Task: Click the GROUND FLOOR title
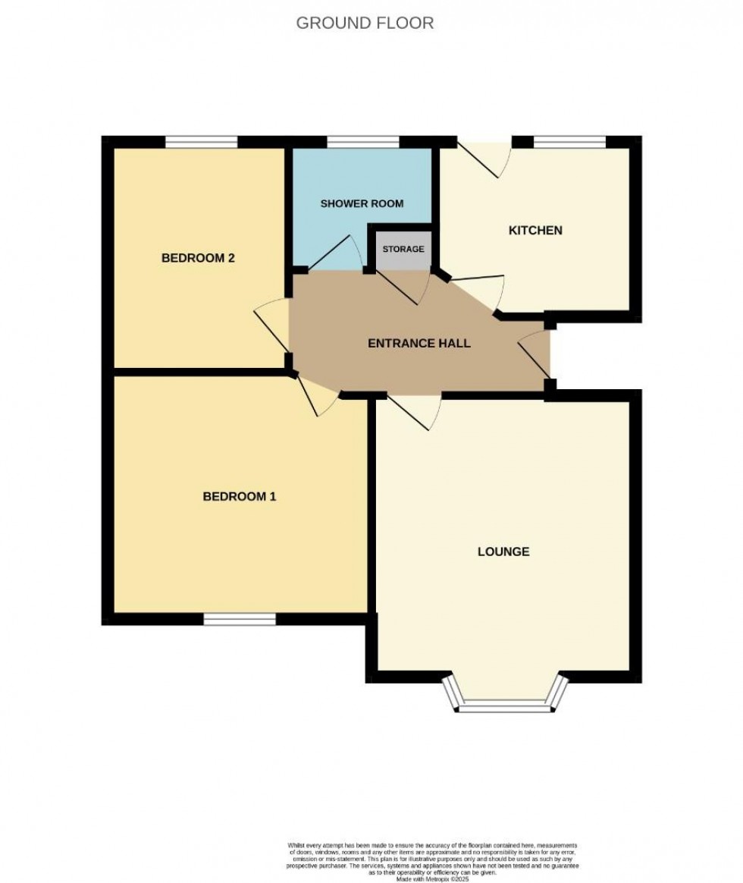click(365, 23)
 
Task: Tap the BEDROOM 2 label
click(198, 258)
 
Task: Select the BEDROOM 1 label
click(239, 497)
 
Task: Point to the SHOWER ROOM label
click(362, 203)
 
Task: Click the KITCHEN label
click(535, 230)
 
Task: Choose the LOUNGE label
click(503, 551)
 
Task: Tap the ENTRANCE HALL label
click(419, 343)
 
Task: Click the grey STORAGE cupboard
click(403, 249)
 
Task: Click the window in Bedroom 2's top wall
click(202, 141)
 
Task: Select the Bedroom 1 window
click(240, 620)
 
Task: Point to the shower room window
click(362, 141)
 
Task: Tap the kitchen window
click(570, 141)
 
